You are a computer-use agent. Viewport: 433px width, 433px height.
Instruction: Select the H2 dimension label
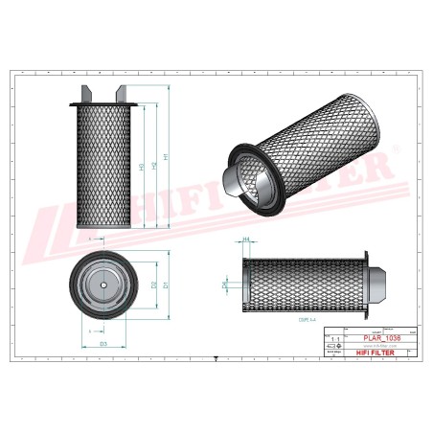[154, 168]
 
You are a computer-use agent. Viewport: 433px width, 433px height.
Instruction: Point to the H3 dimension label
[143, 168]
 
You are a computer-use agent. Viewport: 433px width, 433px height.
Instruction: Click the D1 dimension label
[166, 285]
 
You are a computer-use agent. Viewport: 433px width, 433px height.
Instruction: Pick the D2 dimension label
[153, 285]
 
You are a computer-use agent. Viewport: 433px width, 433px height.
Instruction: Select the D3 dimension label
[103, 342]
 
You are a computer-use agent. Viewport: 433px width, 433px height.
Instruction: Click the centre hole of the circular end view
[103, 285]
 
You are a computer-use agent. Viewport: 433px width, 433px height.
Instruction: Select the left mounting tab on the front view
[88, 94]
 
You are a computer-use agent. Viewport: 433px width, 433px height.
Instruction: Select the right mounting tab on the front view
[121, 94]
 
